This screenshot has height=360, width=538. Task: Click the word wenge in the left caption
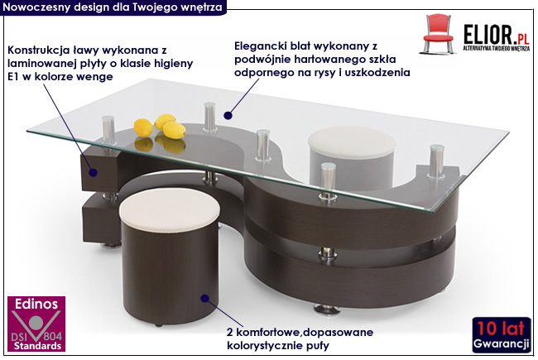pos(91,77)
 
